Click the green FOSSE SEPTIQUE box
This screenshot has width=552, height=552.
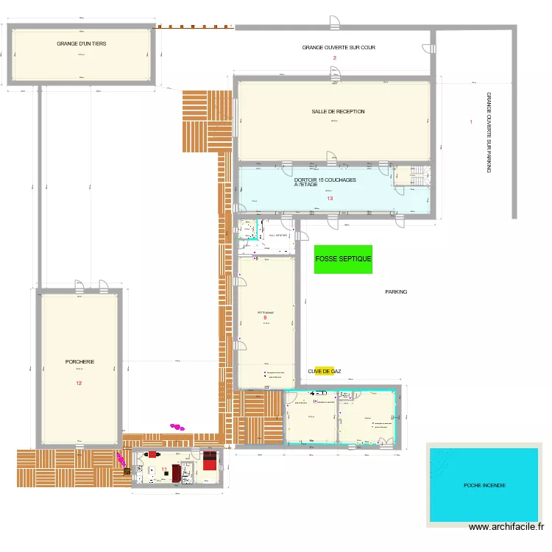[343, 259]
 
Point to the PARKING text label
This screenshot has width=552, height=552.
[396, 292]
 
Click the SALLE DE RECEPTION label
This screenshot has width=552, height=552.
[338, 112]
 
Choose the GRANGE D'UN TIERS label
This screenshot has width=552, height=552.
[82, 44]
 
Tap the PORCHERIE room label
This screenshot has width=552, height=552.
[79, 361]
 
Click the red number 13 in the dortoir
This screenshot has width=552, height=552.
[330, 199]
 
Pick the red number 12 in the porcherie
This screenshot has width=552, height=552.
[79, 383]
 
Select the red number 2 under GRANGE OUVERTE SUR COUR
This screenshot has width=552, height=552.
[334, 58]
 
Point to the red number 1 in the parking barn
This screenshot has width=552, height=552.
[471, 122]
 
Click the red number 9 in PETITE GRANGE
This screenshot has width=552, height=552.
[265, 318]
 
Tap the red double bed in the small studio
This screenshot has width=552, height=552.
[210, 461]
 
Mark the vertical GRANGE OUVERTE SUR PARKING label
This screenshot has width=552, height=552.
[488, 132]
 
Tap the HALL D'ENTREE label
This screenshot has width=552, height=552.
[277, 235]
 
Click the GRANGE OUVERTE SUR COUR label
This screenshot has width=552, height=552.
[338, 48]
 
